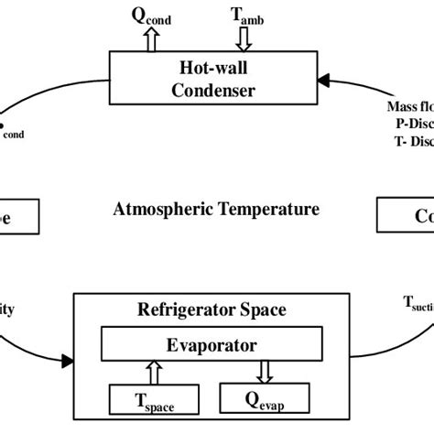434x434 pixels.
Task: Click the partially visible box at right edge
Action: (x=406, y=217)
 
